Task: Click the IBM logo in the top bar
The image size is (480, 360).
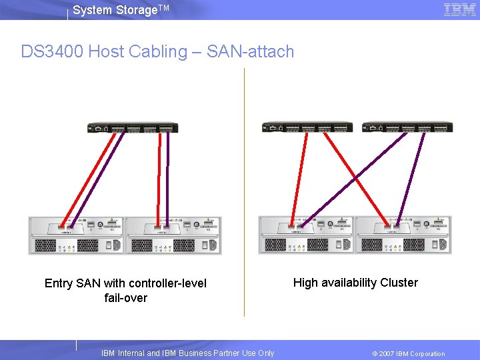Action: click(459, 9)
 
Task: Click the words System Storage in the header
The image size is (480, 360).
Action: click(107, 10)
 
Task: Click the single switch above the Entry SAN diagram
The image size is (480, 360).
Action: click(132, 129)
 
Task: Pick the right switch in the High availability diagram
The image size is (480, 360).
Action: click(406, 127)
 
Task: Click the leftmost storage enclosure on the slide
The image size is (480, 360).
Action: click(76, 235)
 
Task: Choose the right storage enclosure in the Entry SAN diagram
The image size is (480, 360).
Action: click(173, 235)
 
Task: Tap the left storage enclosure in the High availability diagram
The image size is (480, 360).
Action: click(306, 235)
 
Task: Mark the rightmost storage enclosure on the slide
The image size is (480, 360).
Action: click(403, 235)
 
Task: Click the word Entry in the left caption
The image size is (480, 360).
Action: click(58, 283)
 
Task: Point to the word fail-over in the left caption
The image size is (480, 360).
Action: click(126, 298)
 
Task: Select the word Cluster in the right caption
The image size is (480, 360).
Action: click(399, 283)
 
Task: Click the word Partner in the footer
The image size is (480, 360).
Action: click(218, 353)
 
